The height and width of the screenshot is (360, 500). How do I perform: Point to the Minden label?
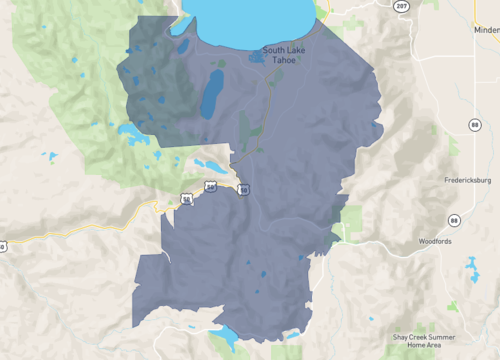pyautogui.click(x=486, y=30)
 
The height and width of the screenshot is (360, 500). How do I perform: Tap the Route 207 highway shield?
pyautogui.click(x=400, y=7)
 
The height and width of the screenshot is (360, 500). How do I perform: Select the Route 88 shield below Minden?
pyautogui.click(x=475, y=124)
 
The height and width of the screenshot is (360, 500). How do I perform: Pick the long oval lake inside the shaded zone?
pyautogui.click(x=211, y=96)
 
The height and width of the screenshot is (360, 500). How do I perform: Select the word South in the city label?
pyautogui.click(x=274, y=48)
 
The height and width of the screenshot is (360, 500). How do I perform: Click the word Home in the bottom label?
pyautogui.click(x=409, y=345)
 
